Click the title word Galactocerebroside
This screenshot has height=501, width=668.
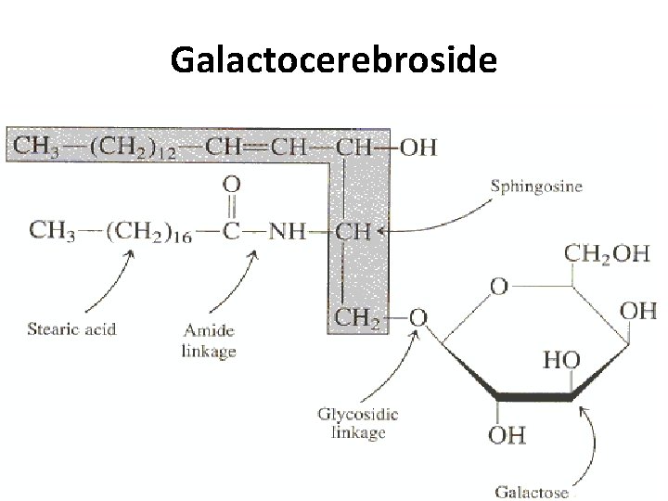pos(334,62)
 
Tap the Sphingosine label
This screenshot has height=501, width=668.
pos(536,186)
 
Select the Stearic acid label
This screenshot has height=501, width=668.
pos(71,328)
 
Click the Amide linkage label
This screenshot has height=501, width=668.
pos(210,340)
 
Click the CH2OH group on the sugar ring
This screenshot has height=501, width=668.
pos(608,254)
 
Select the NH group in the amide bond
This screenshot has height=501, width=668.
pos(288,230)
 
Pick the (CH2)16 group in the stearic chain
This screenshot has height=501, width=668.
pos(143,230)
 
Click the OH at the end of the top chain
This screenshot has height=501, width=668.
pos(417,148)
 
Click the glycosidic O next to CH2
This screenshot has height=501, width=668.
pos(418,318)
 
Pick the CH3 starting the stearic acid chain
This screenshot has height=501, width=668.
pos(52,230)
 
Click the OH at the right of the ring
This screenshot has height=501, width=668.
pos(638,311)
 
